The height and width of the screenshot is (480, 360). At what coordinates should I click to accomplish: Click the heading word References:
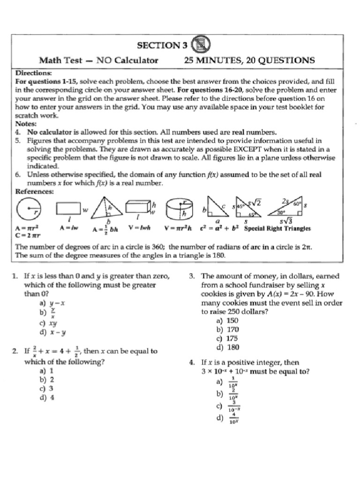(35, 191)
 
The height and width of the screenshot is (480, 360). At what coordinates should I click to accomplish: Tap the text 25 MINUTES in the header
(213, 60)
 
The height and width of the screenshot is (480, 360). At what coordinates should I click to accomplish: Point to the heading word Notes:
(26, 124)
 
